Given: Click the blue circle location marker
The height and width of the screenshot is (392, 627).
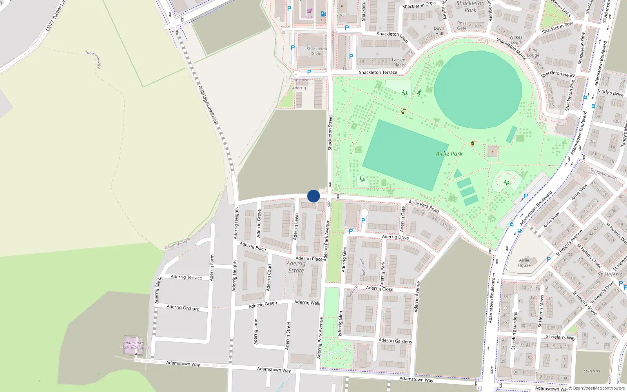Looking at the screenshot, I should (313, 196).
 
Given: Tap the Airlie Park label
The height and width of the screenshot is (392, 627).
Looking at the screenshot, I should (449, 154).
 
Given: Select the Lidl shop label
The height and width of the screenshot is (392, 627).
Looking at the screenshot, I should (310, 17).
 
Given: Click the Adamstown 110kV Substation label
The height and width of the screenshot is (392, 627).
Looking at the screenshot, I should (134, 345).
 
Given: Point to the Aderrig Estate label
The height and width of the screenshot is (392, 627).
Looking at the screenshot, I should (296, 267).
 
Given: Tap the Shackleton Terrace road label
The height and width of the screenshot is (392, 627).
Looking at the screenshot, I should (378, 73).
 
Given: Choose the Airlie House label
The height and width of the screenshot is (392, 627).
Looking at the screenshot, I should (524, 263).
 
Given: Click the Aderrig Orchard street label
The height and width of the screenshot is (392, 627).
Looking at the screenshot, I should (183, 307).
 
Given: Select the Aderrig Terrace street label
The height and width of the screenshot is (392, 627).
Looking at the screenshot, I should (186, 277).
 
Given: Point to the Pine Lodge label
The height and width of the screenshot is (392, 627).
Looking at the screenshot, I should (533, 53).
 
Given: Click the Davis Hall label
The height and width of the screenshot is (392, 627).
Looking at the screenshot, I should (439, 31).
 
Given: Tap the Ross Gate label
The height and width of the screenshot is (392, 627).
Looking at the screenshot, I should (462, 25).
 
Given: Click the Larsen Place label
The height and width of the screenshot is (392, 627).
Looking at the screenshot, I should (399, 62).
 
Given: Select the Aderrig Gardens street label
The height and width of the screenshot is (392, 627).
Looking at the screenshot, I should (395, 341).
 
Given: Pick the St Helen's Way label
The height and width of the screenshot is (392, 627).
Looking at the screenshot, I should (560, 337).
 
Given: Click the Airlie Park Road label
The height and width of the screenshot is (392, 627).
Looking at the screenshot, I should (424, 206).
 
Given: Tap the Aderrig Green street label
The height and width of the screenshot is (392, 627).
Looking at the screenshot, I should (263, 305).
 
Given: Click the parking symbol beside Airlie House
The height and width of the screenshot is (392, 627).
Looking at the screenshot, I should (549, 260).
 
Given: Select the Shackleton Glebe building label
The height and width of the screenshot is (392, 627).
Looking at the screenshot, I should (317, 51).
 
